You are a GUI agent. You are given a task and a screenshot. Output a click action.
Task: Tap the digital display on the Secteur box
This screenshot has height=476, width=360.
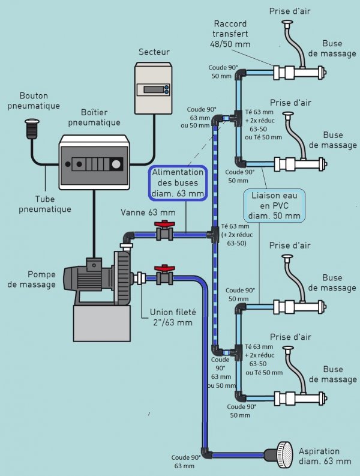point(153,89)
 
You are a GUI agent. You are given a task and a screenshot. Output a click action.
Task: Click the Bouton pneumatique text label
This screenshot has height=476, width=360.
point(40,101)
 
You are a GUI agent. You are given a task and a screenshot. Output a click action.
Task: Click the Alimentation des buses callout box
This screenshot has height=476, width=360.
point(178,183)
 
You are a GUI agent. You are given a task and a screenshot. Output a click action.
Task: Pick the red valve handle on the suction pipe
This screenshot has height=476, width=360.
point(162,268)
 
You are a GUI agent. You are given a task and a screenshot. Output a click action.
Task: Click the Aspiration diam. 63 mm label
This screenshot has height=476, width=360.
point(326,456)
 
